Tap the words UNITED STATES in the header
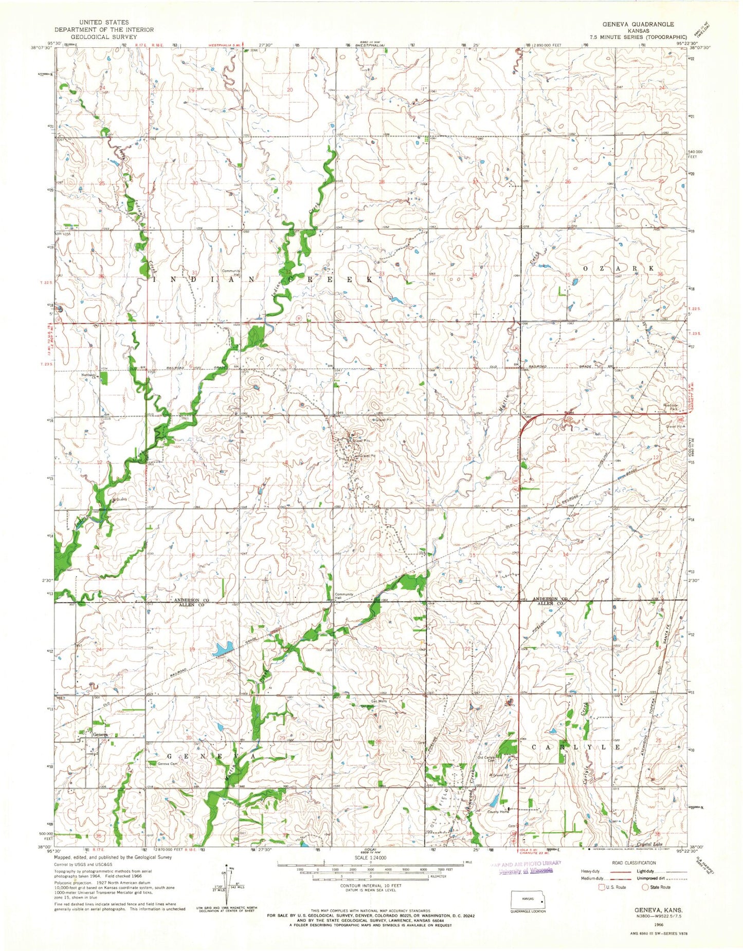(x=108, y=23)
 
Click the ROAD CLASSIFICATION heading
(x=633, y=863)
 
